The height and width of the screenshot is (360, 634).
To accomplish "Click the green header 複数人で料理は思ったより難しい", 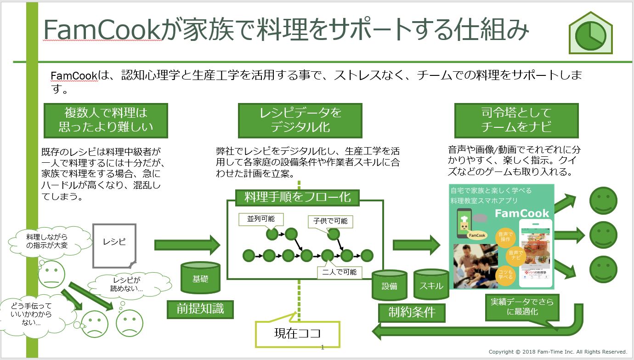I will click(x=106, y=120).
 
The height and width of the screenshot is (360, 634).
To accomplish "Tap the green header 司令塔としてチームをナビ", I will click(x=516, y=120).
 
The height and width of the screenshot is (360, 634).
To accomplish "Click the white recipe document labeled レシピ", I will click(x=114, y=245).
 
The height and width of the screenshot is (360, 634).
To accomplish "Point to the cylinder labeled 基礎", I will click(x=200, y=278).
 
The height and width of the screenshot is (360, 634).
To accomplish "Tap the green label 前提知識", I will click(x=200, y=309).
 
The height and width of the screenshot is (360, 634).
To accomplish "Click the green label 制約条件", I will click(x=412, y=313).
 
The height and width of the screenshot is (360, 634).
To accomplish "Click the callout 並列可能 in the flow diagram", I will click(x=261, y=219).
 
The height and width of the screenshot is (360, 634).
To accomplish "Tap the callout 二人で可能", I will click(x=340, y=272).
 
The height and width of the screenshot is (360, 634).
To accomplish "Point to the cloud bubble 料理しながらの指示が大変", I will click(x=46, y=241).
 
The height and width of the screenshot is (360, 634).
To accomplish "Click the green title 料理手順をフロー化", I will click(x=298, y=197).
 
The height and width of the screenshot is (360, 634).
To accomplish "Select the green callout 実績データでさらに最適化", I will click(x=522, y=306).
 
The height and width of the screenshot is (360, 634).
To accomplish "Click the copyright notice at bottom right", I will click(x=558, y=352).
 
